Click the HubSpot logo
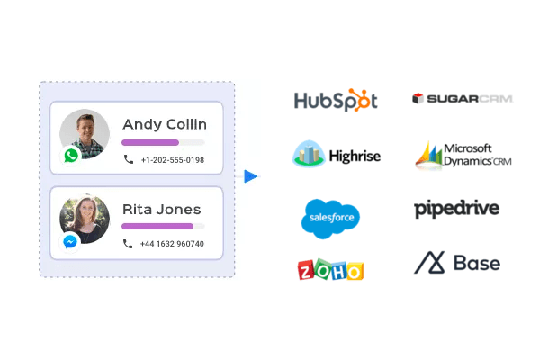(x=336, y=100)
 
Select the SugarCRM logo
(x=462, y=98)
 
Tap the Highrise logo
(x=336, y=155)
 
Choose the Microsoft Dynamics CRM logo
(x=463, y=155)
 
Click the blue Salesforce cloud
(x=330, y=217)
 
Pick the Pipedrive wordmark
(x=456, y=209)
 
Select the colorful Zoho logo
(x=330, y=269)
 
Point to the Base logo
(x=457, y=263)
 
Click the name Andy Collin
(x=165, y=124)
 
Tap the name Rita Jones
(x=162, y=209)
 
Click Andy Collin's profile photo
(x=85, y=135)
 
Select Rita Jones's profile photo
(x=85, y=219)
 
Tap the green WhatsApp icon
(x=71, y=155)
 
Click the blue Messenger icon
(x=70, y=241)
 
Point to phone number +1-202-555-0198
(x=172, y=160)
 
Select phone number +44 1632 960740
(x=172, y=244)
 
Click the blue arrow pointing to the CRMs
(x=250, y=176)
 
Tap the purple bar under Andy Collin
(x=150, y=142)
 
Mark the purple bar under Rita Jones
(x=157, y=226)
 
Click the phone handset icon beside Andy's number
(x=129, y=160)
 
